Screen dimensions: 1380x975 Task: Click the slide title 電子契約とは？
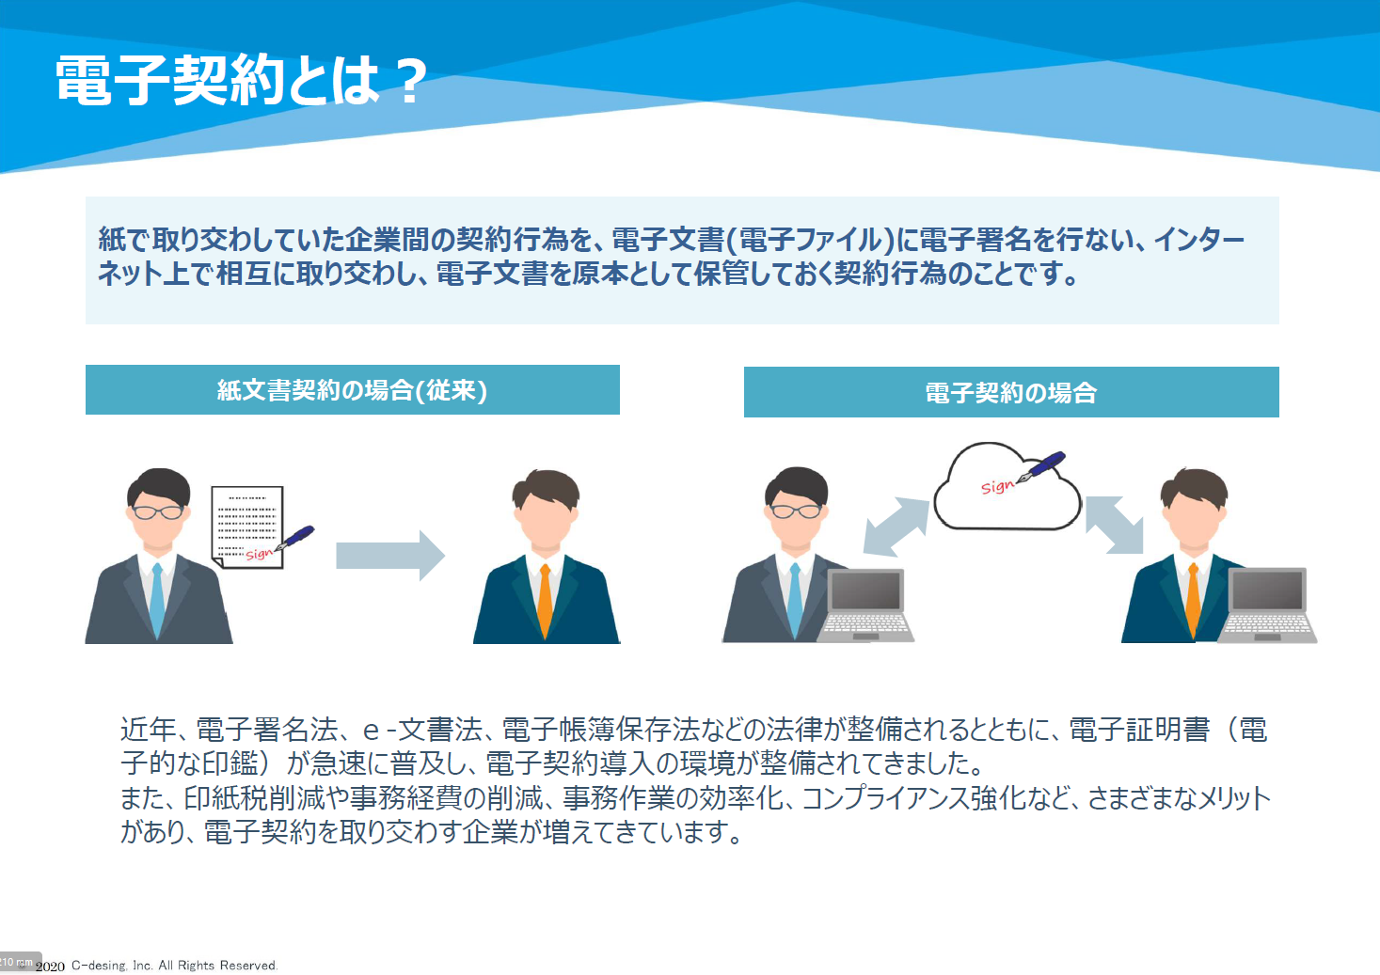point(241,80)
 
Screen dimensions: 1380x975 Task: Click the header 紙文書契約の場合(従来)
point(352,390)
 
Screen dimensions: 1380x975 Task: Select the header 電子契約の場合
point(1011,393)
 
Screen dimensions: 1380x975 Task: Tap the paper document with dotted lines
point(247,527)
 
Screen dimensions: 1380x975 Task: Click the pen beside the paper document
point(293,538)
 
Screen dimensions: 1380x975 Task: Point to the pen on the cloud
point(1040,467)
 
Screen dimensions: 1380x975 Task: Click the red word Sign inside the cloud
point(997,487)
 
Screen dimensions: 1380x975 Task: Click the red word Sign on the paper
point(259,554)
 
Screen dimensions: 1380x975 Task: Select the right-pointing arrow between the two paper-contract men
point(390,556)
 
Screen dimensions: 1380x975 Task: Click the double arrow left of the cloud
point(896,527)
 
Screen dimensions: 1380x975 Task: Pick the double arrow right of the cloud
point(1115,525)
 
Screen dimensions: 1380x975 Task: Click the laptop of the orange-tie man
point(1267,605)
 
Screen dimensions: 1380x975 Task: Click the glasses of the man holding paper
point(158,511)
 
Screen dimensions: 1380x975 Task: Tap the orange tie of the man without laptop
point(546,601)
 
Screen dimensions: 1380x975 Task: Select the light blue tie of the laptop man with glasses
point(795,600)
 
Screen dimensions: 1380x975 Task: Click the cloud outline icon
point(1007,487)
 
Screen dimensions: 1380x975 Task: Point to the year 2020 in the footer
point(50,967)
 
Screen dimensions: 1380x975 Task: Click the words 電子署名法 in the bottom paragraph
point(267,730)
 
